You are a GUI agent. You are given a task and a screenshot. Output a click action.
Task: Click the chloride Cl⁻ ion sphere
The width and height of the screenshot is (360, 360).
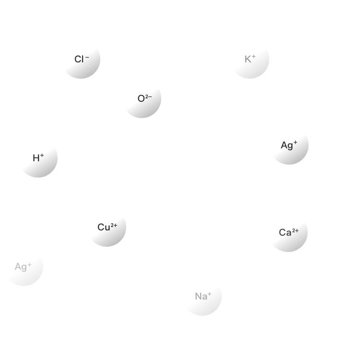coord(81,59)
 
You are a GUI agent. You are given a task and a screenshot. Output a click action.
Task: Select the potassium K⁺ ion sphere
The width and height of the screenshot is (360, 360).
coord(250,59)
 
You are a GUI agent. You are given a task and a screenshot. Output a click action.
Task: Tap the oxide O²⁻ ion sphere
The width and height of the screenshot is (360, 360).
coord(142,99)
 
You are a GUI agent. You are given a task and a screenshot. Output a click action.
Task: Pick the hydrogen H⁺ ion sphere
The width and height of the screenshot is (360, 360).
coord(38,158)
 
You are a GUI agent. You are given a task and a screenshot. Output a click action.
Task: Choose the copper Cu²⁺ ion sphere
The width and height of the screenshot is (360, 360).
coord(107,227)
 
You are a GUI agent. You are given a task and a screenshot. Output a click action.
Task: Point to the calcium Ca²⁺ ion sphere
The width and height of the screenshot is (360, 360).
coord(288,232)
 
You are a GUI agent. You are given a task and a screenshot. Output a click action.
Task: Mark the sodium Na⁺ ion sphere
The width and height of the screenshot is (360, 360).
coord(202,296)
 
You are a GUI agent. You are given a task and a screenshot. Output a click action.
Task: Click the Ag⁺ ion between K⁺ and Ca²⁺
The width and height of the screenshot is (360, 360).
coord(289,145)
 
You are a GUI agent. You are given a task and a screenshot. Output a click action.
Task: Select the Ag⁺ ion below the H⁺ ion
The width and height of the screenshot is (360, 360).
coord(24,266)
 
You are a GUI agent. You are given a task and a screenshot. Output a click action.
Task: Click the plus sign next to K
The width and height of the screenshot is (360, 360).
coord(254,57)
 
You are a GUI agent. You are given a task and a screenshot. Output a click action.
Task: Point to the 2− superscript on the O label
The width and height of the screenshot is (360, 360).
coord(148,96)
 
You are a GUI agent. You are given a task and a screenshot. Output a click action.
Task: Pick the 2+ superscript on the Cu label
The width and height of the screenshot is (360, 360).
coord(114,225)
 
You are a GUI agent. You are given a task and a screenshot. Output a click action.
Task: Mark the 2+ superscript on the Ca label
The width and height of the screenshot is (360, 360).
coord(296,230)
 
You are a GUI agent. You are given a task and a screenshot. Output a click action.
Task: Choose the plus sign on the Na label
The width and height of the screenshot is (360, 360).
coord(209,294)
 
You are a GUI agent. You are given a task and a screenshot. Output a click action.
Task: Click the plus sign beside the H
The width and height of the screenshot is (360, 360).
coord(42,156)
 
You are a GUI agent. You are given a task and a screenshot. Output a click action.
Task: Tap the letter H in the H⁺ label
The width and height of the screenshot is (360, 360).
coord(36,158)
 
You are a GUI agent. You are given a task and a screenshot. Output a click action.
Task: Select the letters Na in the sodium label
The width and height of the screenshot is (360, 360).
coord(200,297)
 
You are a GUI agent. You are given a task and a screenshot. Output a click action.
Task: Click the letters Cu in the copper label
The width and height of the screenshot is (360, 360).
coord(104,228)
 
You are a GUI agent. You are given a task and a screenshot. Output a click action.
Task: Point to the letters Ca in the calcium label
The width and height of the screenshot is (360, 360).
coord(285,233)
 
